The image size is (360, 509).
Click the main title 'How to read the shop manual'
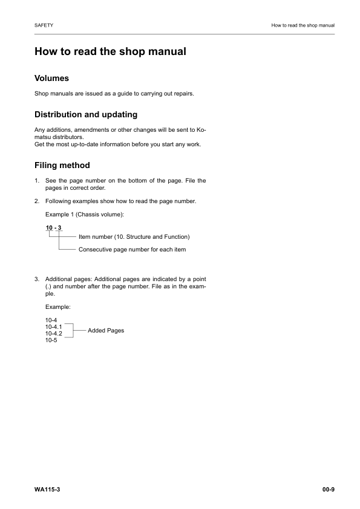(x=110, y=52)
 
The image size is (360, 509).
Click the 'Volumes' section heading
(x=51, y=79)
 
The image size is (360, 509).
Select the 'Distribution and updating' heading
(x=86, y=114)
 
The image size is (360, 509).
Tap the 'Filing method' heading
(x=62, y=164)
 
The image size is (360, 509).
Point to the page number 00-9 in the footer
(x=329, y=488)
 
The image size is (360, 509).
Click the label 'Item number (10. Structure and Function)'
(x=134, y=236)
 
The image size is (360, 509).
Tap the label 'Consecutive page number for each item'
(x=132, y=250)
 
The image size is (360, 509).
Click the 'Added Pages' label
(x=106, y=331)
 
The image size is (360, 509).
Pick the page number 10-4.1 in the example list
(x=54, y=327)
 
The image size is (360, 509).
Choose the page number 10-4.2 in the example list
(x=54, y=334)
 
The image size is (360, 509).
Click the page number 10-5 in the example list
(x=51, y=340)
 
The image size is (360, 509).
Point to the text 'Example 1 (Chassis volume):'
(x=85, y=215)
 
